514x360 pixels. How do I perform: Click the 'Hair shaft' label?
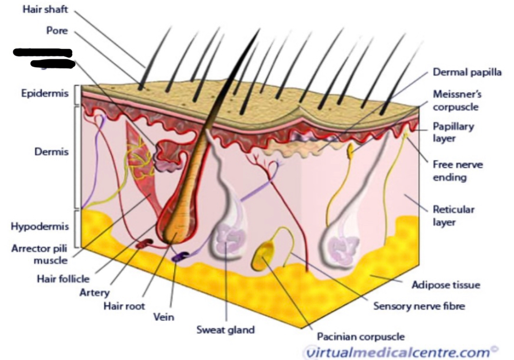[46, 11]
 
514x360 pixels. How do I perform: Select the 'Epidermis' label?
[45, 93]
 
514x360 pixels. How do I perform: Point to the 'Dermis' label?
[51, 152]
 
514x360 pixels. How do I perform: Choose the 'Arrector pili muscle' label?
[40, 254]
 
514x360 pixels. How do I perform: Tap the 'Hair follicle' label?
[63, 279]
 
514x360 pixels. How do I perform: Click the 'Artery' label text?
[94, 292]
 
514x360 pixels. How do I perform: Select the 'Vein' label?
[163, 317]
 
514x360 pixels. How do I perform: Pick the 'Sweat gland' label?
[225, 329]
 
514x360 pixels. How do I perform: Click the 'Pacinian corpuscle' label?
[361, 336]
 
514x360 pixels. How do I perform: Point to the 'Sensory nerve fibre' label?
[419, 306]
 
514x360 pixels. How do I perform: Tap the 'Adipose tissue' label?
[445, 284]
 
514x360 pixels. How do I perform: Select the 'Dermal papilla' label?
[467, 72]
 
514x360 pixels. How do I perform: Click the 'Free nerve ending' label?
[457, 170]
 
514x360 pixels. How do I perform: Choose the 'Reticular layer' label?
[453, 215]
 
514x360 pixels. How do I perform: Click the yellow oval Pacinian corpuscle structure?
[263, 254]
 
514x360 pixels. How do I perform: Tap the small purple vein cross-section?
[177, 258]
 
